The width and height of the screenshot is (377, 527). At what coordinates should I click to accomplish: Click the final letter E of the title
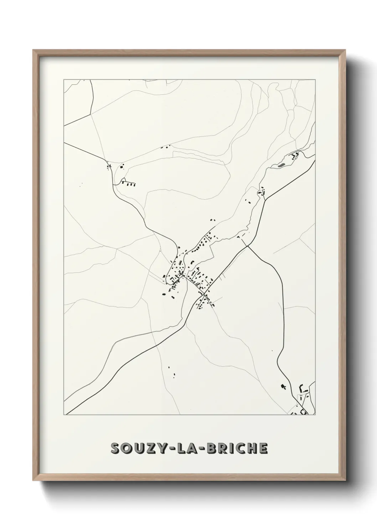[x=263, y=449]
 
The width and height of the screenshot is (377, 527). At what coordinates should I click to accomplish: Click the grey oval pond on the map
[x=281, y=165]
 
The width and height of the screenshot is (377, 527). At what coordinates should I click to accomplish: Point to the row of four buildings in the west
[x=129, y=184]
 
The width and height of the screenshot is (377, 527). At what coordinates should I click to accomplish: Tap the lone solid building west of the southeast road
[x=284, y=386]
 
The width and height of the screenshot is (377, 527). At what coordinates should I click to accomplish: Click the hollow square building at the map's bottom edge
[x=304, y=412]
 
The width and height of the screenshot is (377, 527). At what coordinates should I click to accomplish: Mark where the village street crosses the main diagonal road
[x=204, y=294]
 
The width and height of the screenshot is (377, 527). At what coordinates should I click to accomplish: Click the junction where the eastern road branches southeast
[x=247, y=245]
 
